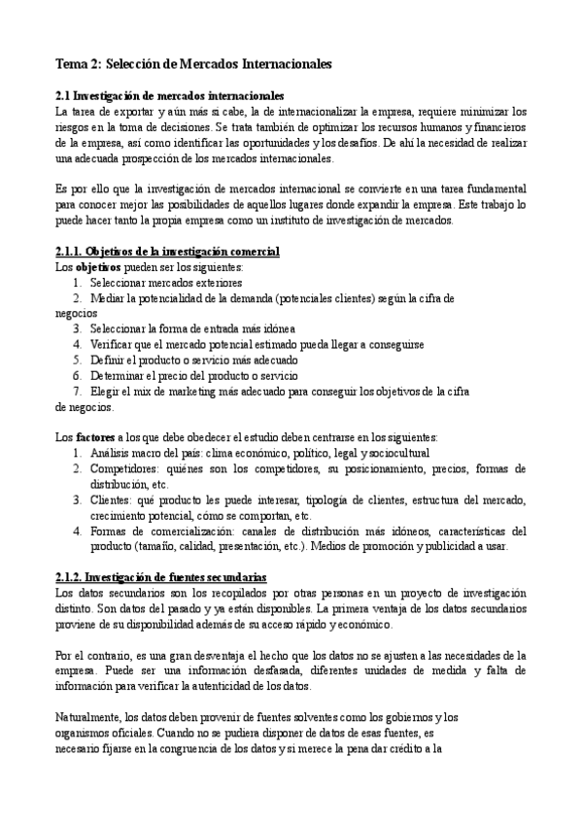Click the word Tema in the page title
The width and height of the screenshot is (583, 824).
71,63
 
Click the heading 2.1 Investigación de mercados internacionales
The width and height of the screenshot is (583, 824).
170,95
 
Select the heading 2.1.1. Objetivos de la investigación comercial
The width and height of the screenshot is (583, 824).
168,252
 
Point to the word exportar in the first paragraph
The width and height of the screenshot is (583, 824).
130,111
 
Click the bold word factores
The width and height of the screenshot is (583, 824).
91,437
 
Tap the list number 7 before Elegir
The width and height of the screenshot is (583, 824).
77,392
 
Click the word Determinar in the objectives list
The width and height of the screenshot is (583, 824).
123,376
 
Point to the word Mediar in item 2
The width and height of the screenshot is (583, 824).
109,298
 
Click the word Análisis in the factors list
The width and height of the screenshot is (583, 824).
112,453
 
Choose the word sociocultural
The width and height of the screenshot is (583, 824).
400,453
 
